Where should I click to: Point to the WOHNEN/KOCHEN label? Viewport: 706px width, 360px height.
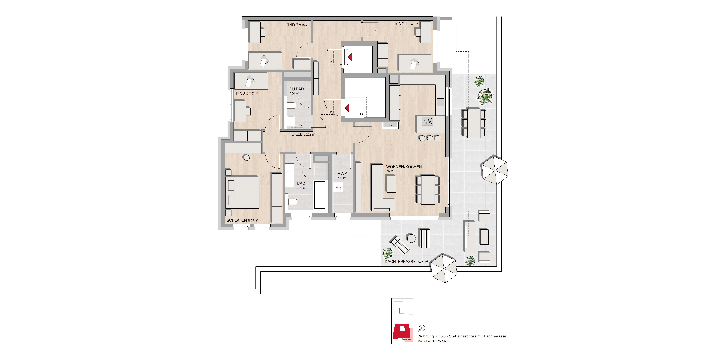point(404,167)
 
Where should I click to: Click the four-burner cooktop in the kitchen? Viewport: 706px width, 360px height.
point(427,121)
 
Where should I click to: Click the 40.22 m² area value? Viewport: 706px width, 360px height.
point(392,171)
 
